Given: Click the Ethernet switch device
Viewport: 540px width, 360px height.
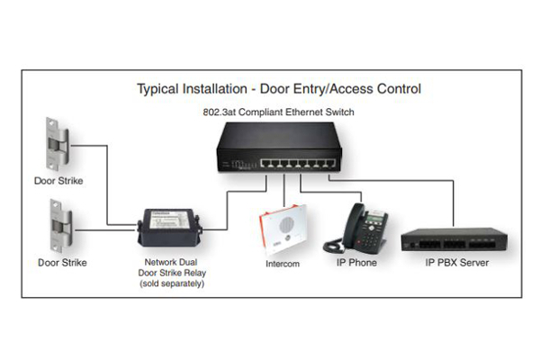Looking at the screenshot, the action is click(x=279, y=147).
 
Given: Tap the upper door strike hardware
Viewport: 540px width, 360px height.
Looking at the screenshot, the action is click(x=58, y=144).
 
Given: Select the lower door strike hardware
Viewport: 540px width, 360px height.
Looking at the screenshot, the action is click(x=60, y=226).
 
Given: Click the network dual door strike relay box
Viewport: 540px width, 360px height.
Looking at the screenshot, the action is click(x=170, y=228).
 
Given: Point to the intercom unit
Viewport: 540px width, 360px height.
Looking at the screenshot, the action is click(x=283, y=229).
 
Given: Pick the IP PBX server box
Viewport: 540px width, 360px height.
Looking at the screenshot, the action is click(x=454, y=239).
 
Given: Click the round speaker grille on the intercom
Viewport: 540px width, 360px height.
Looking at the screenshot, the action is click(x=286, y=225).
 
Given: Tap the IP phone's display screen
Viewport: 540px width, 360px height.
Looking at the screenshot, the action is click(x=374, y=219).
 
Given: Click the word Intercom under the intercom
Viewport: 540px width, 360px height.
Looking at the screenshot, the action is click(x=283, y=264).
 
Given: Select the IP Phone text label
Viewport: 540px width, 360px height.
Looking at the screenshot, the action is click(x=356, y=263).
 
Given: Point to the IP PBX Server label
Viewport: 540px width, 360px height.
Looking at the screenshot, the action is click(x=456, y=263).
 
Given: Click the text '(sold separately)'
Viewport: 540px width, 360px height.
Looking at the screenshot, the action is click(x=172, y=283).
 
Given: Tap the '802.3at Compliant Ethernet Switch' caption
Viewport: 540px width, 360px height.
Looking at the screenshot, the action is click(x=278, y=112).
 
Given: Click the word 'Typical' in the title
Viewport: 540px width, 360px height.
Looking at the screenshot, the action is click(x=157, y=89).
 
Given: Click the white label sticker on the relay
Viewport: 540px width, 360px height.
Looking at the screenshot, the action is click(x=170, y=219).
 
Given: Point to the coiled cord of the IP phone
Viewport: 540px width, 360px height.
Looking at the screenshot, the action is click(x=333, y=246).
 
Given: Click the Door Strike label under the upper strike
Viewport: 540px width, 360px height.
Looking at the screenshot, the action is click(x=58, y=181).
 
